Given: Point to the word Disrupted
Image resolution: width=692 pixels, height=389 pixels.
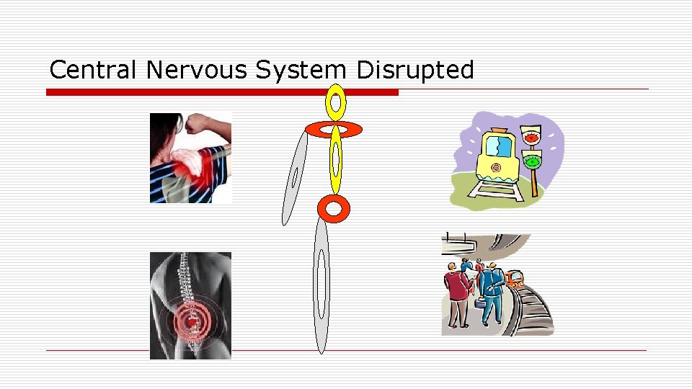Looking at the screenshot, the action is [x=415, y=71].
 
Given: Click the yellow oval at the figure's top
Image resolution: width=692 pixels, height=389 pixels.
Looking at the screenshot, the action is [x=335, y=102].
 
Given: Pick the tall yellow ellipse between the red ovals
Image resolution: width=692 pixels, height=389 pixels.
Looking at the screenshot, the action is [x=335, y=160].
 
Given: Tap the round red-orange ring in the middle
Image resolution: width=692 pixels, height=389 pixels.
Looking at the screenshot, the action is [x=333, y=209].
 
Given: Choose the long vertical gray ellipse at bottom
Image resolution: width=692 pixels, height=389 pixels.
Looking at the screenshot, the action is [x=321, y=285].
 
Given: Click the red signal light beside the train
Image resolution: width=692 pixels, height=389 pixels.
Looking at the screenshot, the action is [x=533, y=137].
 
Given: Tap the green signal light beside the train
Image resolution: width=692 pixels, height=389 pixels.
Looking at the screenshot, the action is [x=533, y=162].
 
